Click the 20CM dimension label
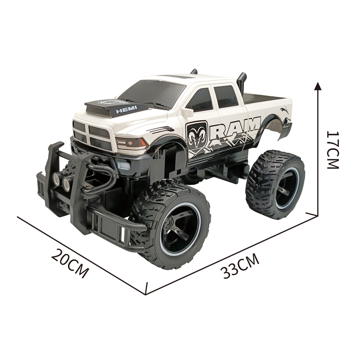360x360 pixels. (70, 263)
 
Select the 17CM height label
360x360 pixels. (333, 150)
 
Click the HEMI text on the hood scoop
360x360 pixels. (126, 109)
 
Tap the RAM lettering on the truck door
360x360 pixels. (238, 129)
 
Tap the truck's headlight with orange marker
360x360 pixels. (131, 143)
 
